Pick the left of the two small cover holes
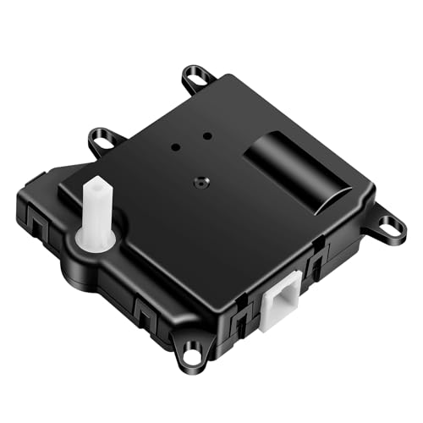pyautogui.click(x=174, y=146)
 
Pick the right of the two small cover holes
pyautogui.click(x=206, y=135)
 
